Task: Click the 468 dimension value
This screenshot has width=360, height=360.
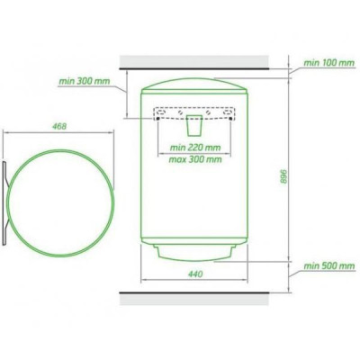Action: click(x=59, y=127)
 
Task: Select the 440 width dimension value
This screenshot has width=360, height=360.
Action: click(x=195, y=274)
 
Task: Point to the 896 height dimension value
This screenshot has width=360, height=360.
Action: click(x=283, y=176)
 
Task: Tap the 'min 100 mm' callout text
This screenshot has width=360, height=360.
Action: click(x=329, y=63)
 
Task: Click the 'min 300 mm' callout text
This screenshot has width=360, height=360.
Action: click(x=85, y=81)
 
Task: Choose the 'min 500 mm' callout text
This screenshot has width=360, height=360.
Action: click(x=329, y=266)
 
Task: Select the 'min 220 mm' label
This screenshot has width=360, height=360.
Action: click(x=195, y=148)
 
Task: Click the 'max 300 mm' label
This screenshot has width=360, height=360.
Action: click(x=195, y=159)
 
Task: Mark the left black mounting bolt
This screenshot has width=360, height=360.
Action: click(x=157, y=119)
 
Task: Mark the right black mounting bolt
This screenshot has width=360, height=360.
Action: click(x=230, y=119)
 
